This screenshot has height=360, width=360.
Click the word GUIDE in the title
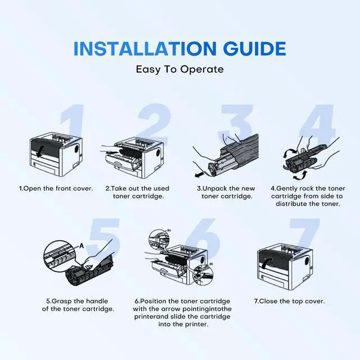point(255,49)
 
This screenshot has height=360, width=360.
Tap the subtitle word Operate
point(201,69)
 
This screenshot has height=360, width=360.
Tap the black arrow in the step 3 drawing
point(199,175)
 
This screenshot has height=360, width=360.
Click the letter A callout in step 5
point(82,246)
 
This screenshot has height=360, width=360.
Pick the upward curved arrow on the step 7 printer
point(266,262)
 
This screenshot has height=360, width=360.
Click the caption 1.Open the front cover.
point(56,188)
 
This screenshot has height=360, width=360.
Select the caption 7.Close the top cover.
point(290,301)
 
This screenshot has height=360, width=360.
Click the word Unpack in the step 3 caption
point(214,188)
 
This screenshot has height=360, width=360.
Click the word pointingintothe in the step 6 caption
point(207,309)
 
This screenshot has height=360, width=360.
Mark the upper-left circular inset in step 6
point(159,240)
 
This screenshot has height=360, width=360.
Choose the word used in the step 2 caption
point(161,188)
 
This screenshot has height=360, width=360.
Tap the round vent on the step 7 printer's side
point(307,262)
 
